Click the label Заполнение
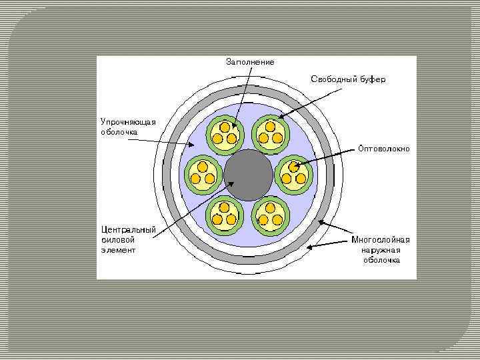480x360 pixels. tap(250, 62)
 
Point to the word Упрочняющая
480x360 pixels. tap(128, 121)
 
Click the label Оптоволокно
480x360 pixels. tap(383, 148)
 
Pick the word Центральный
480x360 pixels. tap(128, 230)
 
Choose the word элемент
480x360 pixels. tap(119, 250)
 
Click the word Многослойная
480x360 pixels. tap(381, 240)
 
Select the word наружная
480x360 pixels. tap(381, 250)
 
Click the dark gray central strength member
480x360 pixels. tap(249, 174)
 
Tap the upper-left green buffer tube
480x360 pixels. tap(225, 133)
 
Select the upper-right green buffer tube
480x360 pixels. tap(270, 133)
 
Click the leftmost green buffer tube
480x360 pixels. tap(202, 174)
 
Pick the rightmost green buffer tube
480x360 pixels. tap(294, 174)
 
